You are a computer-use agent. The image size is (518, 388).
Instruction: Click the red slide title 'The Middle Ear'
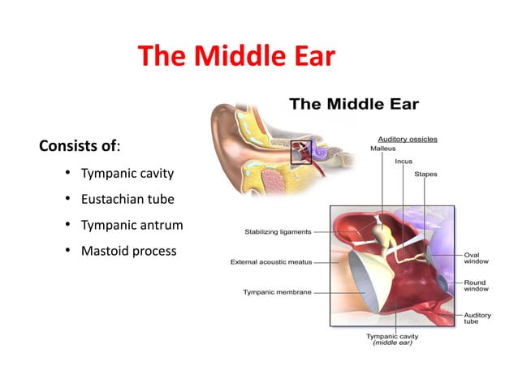point(235,57)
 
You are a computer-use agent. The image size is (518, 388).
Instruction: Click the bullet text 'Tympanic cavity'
point(127,174)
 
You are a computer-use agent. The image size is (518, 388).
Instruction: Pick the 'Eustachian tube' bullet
point(127,199)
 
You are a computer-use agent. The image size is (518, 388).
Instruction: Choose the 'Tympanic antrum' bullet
point(132,225)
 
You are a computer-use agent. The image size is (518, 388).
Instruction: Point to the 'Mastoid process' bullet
point(128,251)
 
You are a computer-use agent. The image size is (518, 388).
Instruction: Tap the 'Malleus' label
point(383,149)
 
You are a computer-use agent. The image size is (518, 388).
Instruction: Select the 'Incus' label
point(404,162)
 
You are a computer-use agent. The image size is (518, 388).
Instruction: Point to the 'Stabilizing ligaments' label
point(278,232)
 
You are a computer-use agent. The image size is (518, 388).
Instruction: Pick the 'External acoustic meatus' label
point(272,262)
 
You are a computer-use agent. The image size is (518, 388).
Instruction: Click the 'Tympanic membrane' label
point(277,292)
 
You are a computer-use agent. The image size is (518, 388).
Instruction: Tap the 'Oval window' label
point(476,257)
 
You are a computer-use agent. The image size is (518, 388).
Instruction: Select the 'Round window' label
point(476,287)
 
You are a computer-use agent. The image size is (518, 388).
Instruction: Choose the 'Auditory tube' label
point(477,317)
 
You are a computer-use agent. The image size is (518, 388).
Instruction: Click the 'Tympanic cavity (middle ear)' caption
point(392,339)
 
